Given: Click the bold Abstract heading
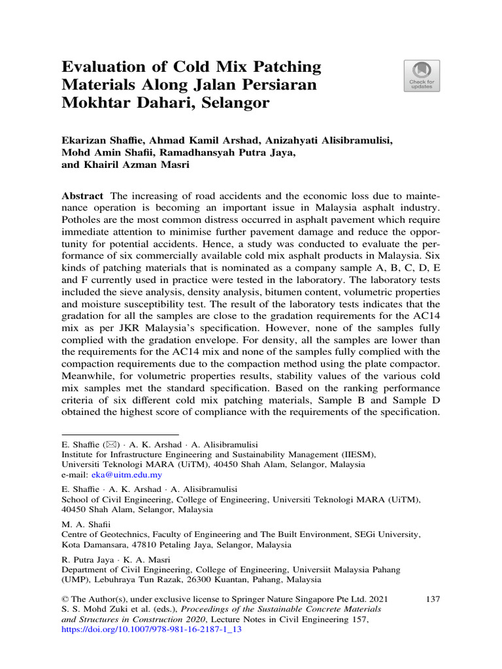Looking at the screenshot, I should [x=82, y=197].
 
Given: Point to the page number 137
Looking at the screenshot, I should [x=431, y=598].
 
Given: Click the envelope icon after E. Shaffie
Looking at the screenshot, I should [x=107, y=442].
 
